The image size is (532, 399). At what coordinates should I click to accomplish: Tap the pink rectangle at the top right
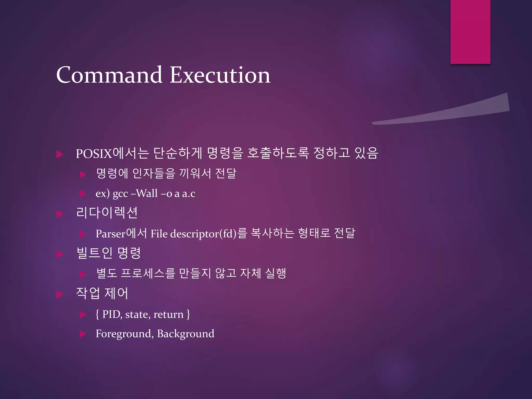coord(470,32)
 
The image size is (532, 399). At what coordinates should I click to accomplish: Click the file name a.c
coord(189,194)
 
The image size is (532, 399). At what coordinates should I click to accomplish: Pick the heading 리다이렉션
coord(107,213)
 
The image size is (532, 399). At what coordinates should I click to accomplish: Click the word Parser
coord(110,234)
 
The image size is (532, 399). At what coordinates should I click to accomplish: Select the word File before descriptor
coord(159,234)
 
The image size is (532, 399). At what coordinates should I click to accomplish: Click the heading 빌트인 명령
coord(109,253)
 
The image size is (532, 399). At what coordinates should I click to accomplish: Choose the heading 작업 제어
coord(102,293)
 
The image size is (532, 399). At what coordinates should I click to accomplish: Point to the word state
coord(137,315)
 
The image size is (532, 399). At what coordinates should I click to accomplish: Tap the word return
coord(168,315)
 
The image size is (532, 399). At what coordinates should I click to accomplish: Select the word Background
coord(185,334)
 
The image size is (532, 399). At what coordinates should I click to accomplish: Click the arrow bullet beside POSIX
coord(60,154)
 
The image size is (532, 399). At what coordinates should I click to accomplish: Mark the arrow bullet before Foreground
coord(83,334)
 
